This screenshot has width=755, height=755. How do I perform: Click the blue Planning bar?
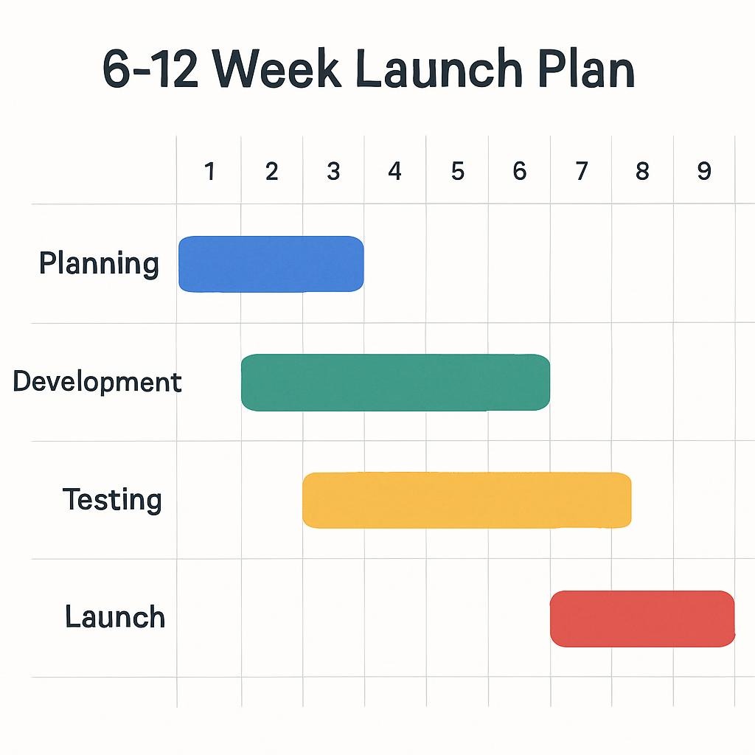tap(271, 264)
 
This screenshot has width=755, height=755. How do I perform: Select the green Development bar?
tap(395, 382)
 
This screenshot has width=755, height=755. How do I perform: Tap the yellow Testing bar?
tap(467, 500)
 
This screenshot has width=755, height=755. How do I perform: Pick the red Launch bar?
tap(642, 618)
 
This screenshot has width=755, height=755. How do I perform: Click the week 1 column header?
tap(209, 172)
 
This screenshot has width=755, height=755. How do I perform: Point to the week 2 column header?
tap(271, 172)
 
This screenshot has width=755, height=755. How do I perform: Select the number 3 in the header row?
tap(333, 172)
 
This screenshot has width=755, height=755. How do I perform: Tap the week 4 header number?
tap(395, 172)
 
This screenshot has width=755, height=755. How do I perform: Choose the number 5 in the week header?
tap(457, 172)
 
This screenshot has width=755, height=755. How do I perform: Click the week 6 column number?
tap(519, 172)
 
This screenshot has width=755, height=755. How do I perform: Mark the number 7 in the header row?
tap(581, 172)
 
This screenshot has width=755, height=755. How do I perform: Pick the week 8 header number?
tap(642, 172)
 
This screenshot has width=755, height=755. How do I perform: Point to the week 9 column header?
tap(704, 172)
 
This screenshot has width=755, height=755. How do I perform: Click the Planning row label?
tap(99, 264)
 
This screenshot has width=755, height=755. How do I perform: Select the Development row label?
tap(97, 382)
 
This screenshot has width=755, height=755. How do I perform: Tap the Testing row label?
tap(112, 500)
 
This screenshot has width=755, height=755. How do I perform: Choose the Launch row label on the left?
tap(115, 617)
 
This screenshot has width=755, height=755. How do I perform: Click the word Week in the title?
tap(279, 71)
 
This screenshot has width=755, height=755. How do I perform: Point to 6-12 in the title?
tap(150, 71)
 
